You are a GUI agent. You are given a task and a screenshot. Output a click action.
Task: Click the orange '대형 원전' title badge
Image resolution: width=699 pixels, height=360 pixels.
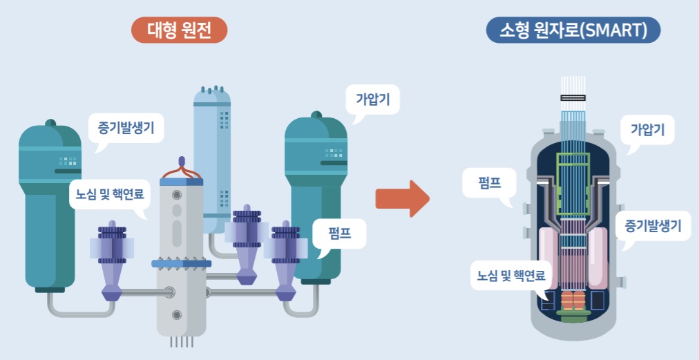178,30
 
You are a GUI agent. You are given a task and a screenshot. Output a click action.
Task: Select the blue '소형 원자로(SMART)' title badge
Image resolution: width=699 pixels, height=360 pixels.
573,30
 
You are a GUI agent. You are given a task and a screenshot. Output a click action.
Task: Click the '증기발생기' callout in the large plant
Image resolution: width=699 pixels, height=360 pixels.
126,127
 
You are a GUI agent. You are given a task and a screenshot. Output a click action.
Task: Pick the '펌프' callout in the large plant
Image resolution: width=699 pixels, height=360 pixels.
338,234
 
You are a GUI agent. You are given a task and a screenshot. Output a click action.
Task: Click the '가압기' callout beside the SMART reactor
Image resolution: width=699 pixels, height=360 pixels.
652,129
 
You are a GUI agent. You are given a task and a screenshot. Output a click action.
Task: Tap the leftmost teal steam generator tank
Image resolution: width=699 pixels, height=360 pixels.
49,207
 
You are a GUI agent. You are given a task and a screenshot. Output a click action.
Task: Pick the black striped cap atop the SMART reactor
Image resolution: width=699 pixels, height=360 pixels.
573,98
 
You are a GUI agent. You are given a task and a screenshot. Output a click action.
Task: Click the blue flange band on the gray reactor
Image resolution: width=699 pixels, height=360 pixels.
182,263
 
